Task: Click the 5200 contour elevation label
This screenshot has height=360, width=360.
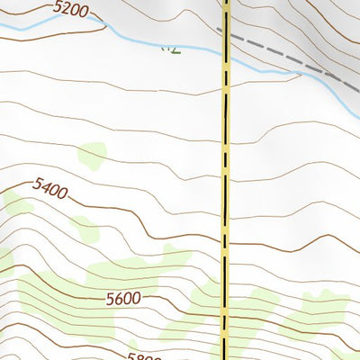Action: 71,11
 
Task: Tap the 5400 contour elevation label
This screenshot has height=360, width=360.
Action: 50,189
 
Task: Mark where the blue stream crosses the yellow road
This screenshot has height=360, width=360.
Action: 226,61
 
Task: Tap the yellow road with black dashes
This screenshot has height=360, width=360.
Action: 225,180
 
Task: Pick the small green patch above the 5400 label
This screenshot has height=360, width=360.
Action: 92,156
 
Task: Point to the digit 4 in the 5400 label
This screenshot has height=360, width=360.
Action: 46,187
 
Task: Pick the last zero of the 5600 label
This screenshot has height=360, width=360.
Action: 137,299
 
